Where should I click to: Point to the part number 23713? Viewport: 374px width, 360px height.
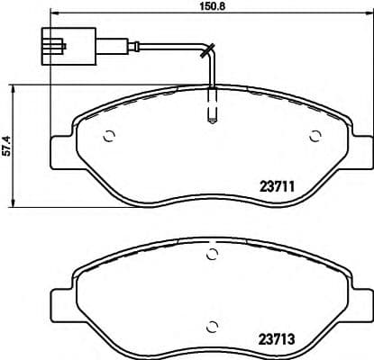coord(278,341)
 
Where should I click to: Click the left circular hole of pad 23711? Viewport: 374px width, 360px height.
coord(110,138)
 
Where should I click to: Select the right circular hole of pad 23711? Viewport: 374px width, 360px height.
coord(315,138)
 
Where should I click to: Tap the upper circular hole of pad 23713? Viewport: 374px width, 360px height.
coord(213,256)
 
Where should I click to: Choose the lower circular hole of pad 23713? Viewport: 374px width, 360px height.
coord(213,326)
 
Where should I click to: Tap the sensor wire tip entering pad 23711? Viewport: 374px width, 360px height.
coord(212,115)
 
